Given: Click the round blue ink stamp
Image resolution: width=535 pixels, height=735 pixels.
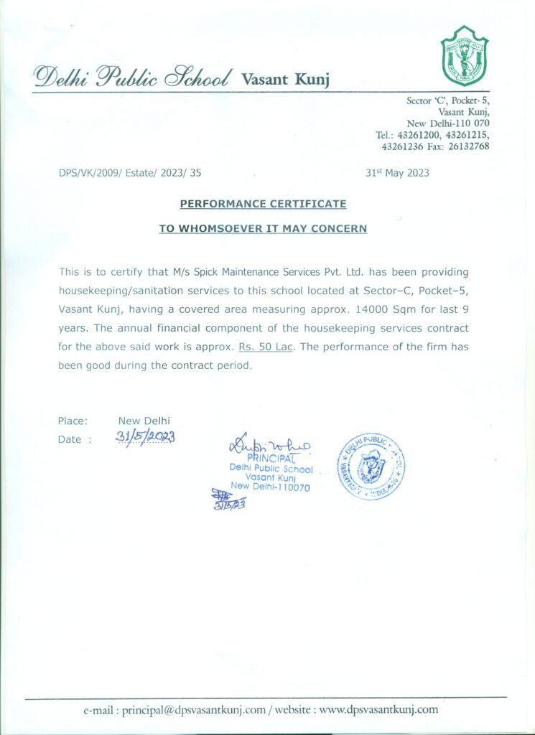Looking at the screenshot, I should coord(371,467).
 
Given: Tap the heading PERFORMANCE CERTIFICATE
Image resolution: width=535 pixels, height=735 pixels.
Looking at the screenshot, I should coord(263,205).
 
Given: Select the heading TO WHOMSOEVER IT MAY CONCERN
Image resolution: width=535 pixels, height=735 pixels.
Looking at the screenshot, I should coord(263,229).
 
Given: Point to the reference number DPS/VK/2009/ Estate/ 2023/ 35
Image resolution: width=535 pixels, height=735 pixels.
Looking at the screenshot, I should coord(130,173).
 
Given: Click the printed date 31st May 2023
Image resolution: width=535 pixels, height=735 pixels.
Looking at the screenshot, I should coord(397,173).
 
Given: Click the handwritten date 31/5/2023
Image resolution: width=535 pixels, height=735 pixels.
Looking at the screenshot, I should coord(146,438).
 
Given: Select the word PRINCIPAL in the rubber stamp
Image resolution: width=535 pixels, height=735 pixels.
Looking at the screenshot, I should coord(271,459).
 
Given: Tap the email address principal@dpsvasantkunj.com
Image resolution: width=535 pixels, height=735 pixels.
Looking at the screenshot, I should coord(193,710).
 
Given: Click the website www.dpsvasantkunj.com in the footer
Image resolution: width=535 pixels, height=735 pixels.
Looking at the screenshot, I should coord(378,710).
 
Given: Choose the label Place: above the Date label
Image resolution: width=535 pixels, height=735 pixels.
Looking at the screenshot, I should coord(73,421).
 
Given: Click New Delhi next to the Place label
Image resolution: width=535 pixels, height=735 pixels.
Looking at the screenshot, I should coord(144,421).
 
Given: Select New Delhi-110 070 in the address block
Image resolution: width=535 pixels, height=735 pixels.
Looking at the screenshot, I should coord(448,123).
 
